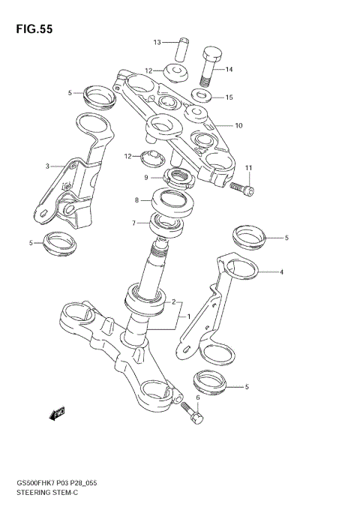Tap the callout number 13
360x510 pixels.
[157, 42]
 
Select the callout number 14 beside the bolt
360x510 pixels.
[229, 69]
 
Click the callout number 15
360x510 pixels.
[229, 97]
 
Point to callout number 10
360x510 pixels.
[238, 125]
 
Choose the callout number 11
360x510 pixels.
[249, 166]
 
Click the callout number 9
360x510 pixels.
[147, 178]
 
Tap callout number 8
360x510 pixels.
[137, 200]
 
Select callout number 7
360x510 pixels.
[134, 223]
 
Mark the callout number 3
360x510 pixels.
[48, 166]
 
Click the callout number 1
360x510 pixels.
[189, 316]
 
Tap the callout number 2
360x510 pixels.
[172, 302]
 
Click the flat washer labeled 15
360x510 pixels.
[200, 96]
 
